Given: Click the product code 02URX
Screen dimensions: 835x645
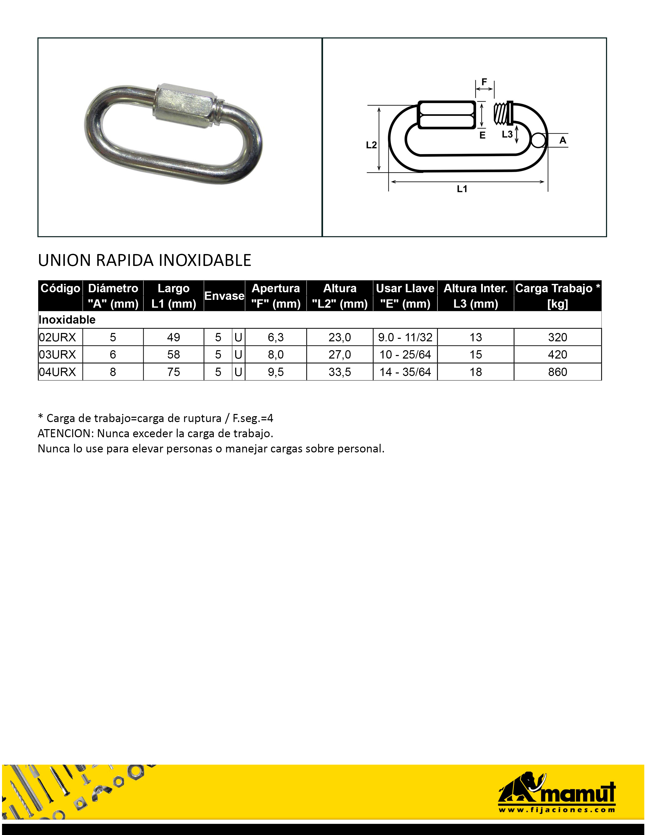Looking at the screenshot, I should click(x=58, y=337).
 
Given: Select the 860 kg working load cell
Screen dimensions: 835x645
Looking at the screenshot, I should click(x=557, y=372).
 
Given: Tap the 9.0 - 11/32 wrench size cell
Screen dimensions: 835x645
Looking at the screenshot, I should click(x=405, y=337).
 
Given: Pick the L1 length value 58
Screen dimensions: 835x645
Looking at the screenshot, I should click(x=174, y=354).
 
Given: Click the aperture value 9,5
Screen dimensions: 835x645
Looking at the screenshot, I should click(x=275, y=372).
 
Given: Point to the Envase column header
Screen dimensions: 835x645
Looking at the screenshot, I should click(x=224, y=296).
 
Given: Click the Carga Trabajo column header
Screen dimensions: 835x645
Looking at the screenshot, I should click(x=557, y=296).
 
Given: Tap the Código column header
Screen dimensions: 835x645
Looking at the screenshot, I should click(x=60, y=288).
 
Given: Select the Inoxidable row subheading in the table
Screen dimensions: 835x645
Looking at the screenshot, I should click(x=67, y=320).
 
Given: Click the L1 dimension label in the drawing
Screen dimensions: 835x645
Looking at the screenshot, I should click(x=462, y=189).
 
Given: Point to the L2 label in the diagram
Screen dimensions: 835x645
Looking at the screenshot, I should click(x=371, y=145).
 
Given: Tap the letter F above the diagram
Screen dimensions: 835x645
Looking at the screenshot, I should click(x=484, y=82).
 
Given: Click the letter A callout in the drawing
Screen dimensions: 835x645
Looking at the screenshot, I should click(x=563, y=140).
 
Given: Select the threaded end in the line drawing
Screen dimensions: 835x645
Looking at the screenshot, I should click(x=503, y=114).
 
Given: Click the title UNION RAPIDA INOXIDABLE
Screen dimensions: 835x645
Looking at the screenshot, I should click(x=144, y=260).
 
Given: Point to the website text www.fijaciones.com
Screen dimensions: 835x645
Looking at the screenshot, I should click(x=556, y=810).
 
